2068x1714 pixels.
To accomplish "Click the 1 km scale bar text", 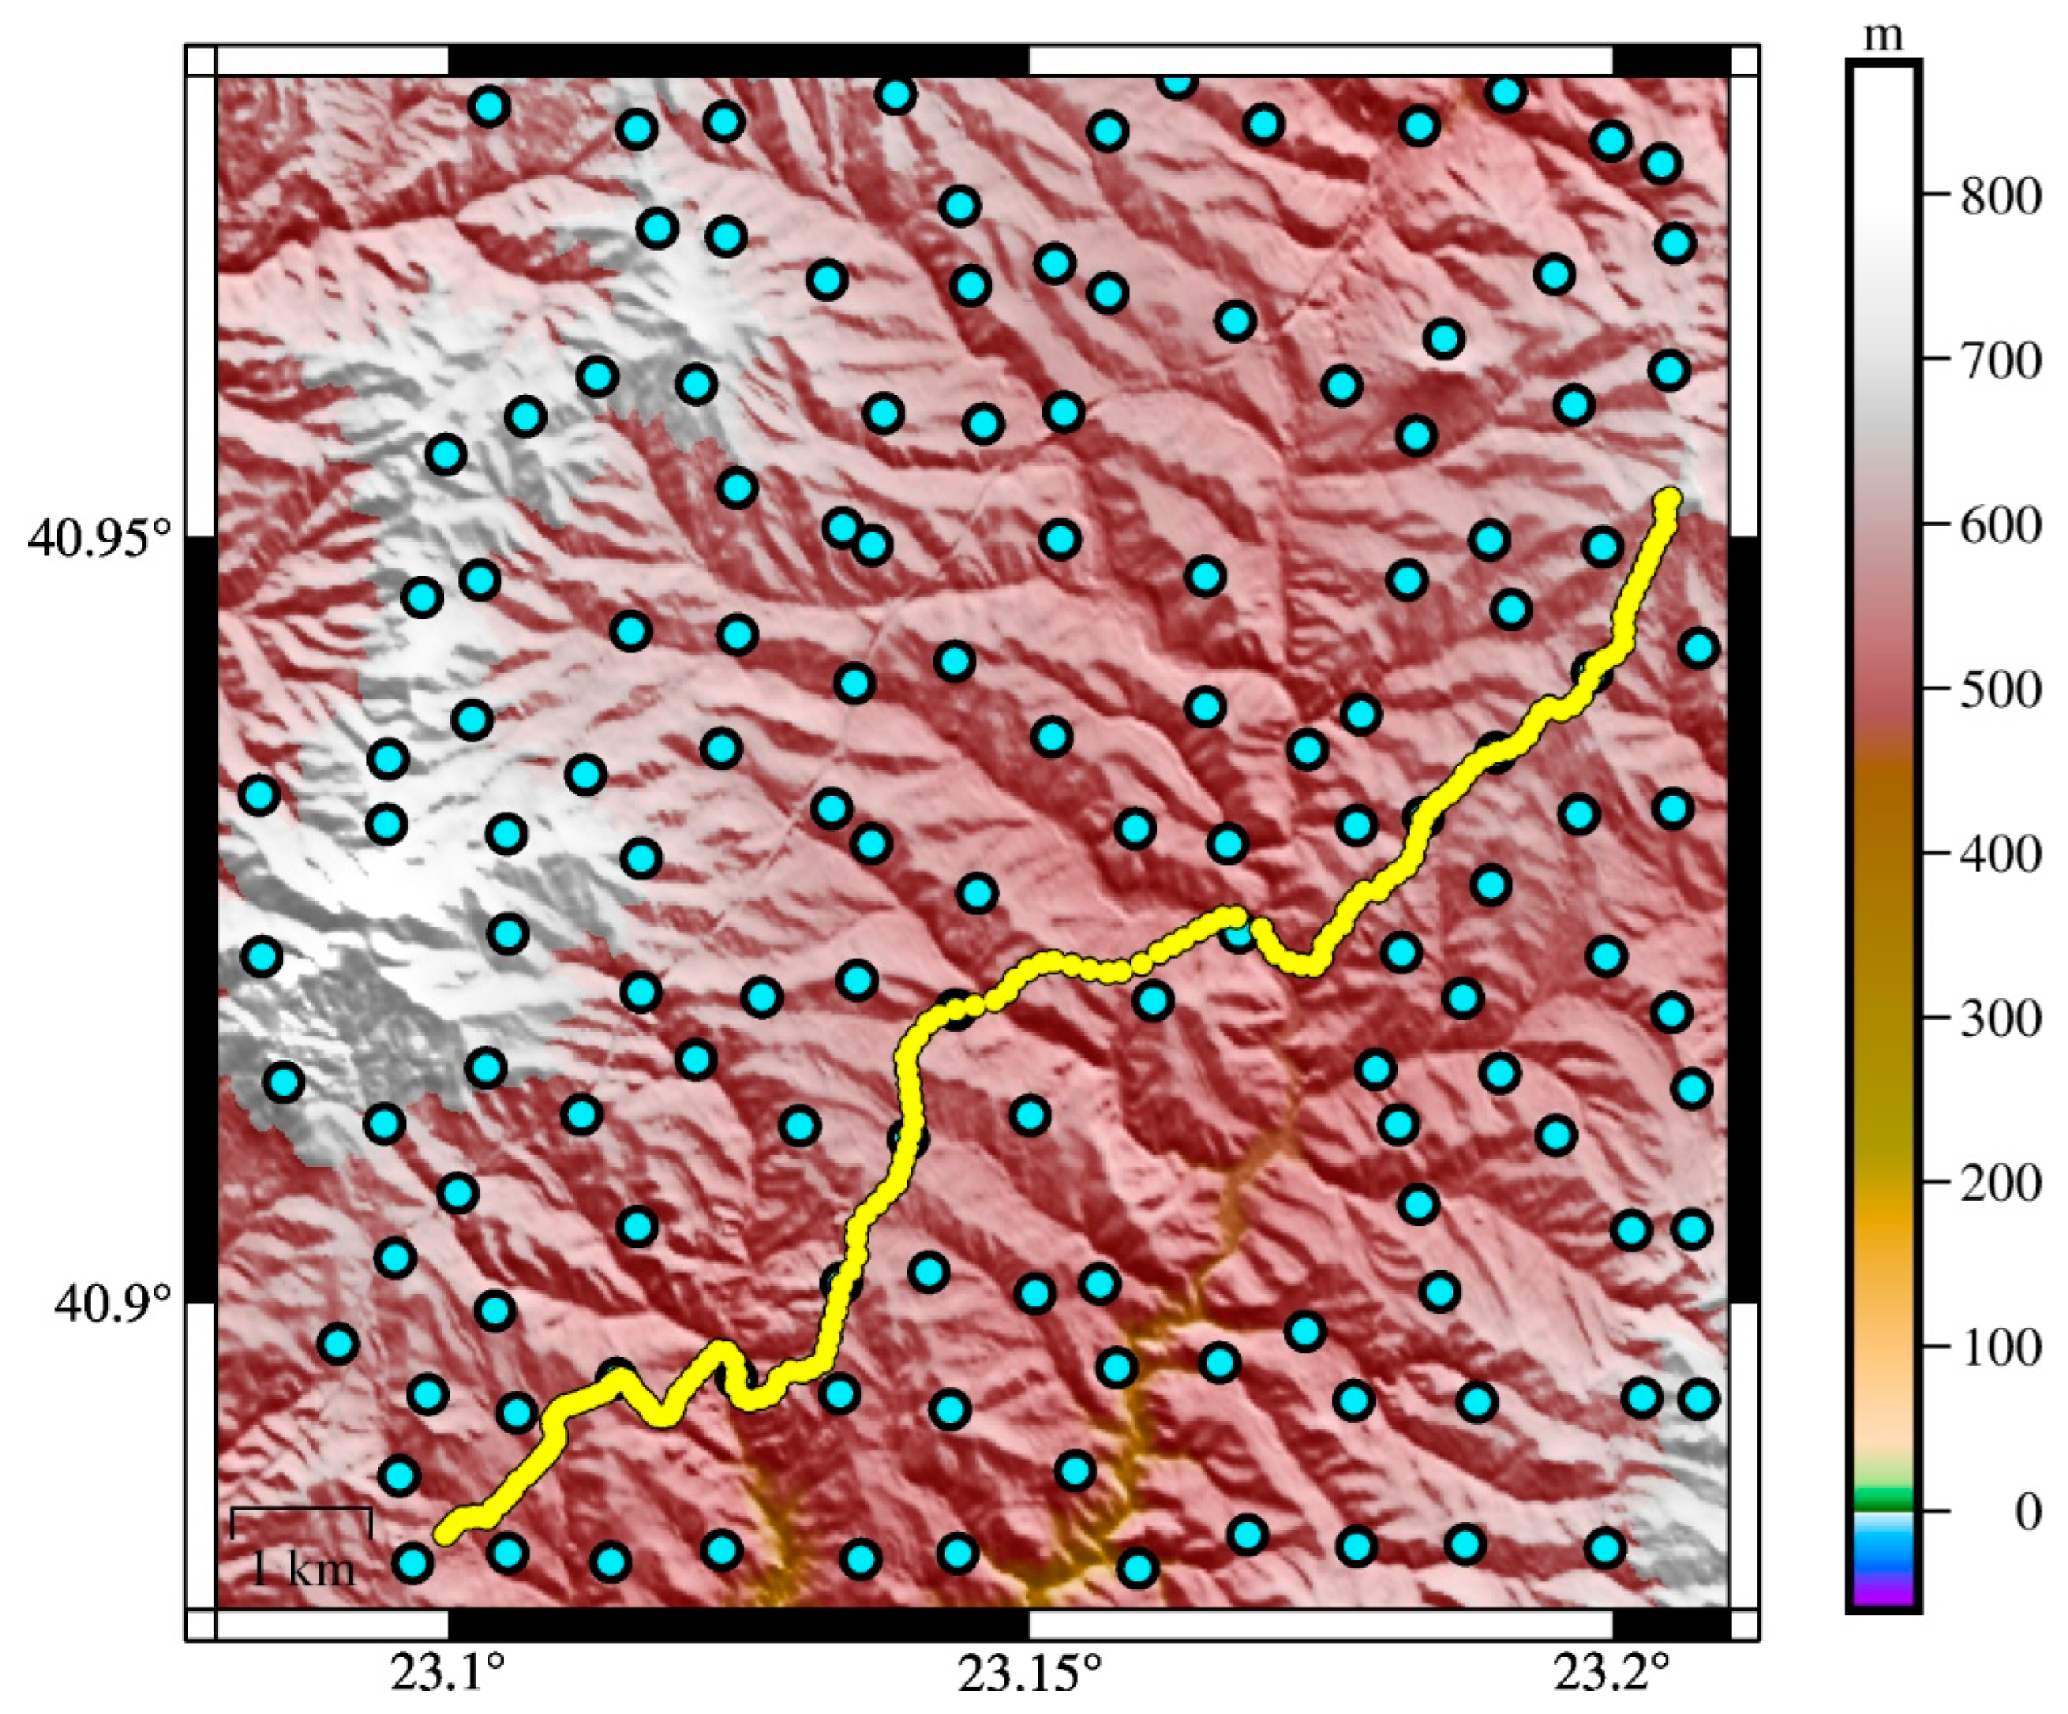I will pos(302,1569).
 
